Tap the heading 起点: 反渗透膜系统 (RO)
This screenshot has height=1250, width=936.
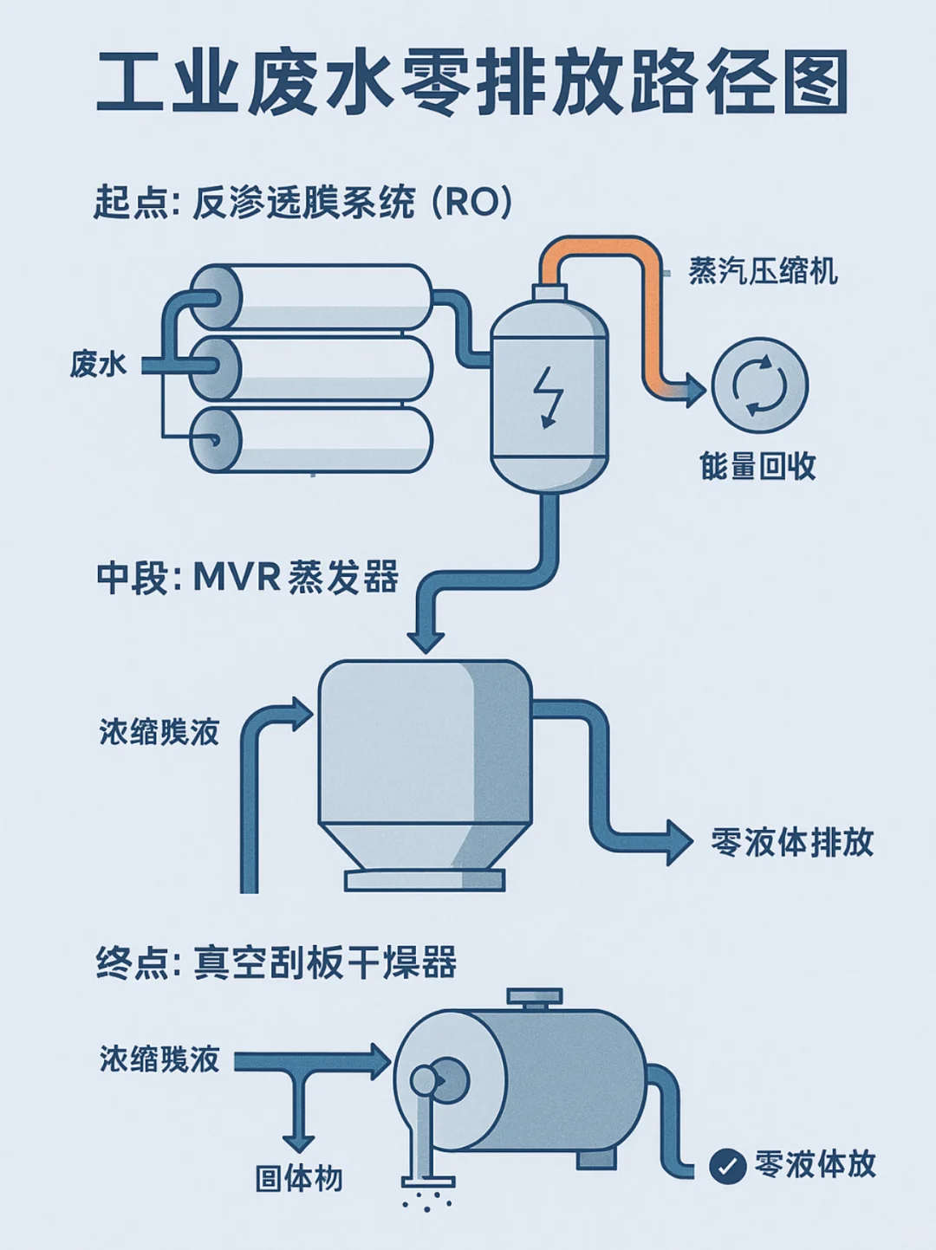pos(303,204)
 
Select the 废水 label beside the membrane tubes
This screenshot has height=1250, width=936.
pos(99,364)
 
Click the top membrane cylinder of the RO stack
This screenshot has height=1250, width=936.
pos(321,296)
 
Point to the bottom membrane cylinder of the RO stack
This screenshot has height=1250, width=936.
pos(321,439)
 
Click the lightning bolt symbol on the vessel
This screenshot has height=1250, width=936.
pos(548,396)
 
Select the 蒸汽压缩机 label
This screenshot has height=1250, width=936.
pos(763,271)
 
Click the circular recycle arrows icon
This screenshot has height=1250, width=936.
pos(759,385)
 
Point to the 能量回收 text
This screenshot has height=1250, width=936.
pos(757,466)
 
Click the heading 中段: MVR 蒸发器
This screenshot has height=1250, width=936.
pos(248,577)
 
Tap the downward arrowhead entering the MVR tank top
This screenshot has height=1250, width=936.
pos(426,642)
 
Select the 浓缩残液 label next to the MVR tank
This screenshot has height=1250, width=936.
pos(159,732)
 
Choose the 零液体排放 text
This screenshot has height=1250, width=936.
pos(791,841)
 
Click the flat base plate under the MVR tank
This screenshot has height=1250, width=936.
pos(425,880)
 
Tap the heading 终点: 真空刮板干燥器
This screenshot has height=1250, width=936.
pos(276,962)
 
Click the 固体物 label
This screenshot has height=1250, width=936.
pos(299,1178)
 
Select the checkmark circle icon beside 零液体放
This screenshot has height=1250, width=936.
pos(728,1166)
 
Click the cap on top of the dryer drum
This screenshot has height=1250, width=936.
pos(535,999)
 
